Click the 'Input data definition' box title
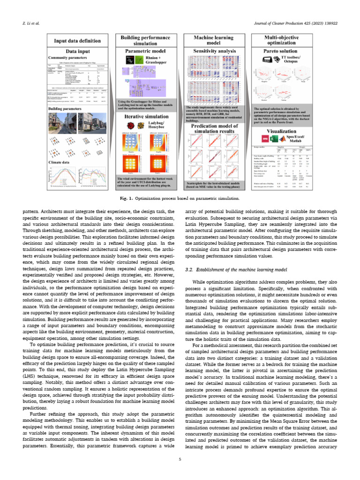click(x=78, y=41)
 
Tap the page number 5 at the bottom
click(x=180, y=459)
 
